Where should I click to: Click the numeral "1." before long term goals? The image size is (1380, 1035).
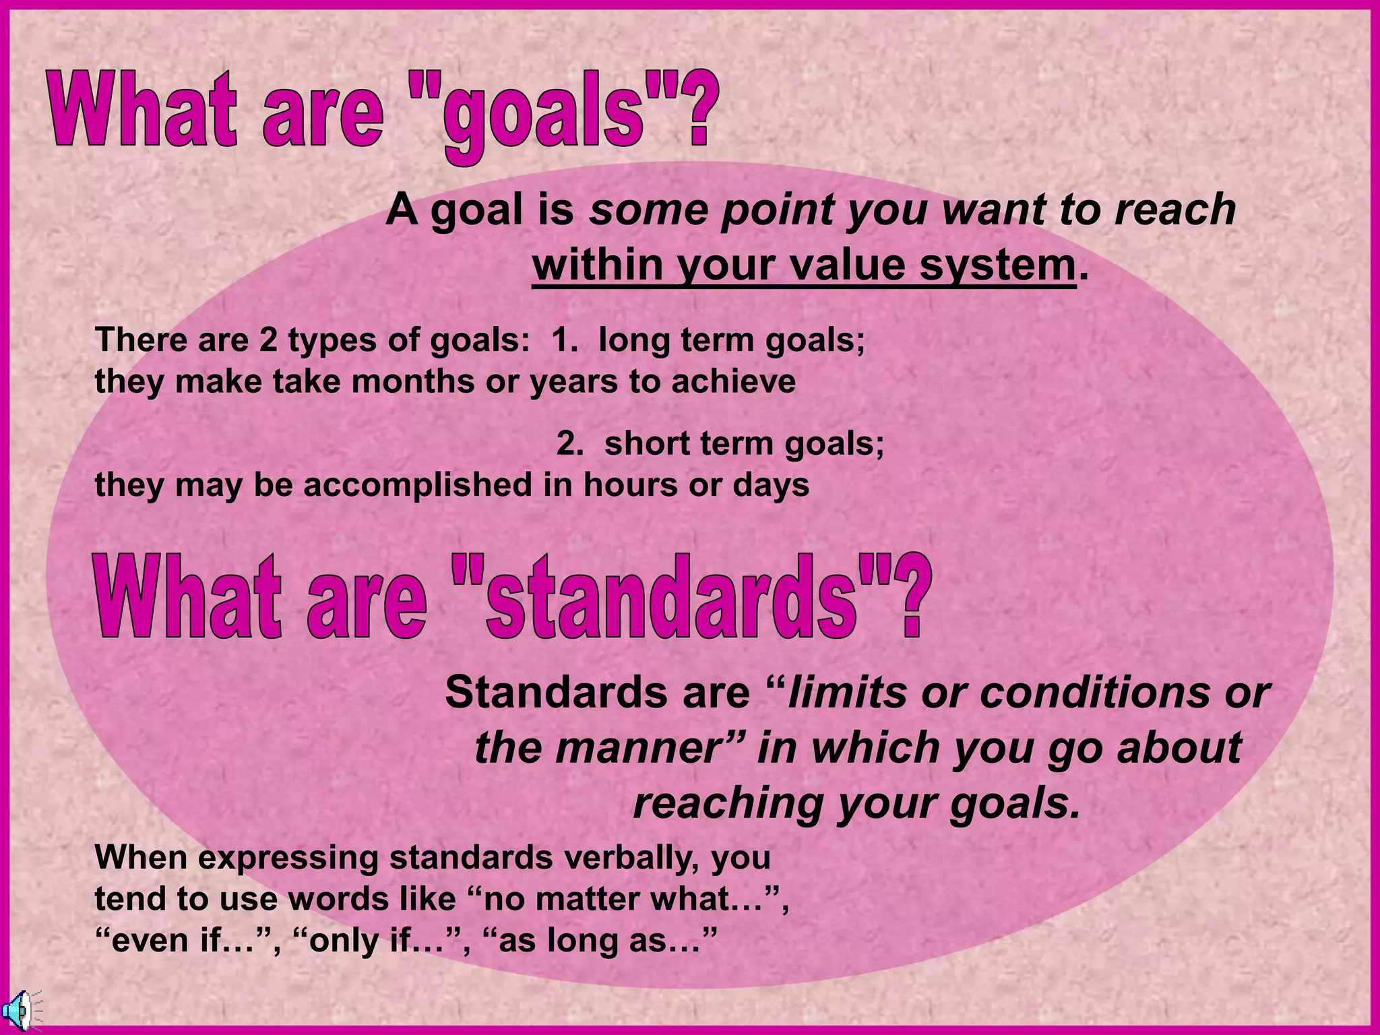pos(565,340)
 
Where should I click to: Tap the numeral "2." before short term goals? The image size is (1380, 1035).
pos(570,444)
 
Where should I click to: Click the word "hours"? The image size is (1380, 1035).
pos(631,485)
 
